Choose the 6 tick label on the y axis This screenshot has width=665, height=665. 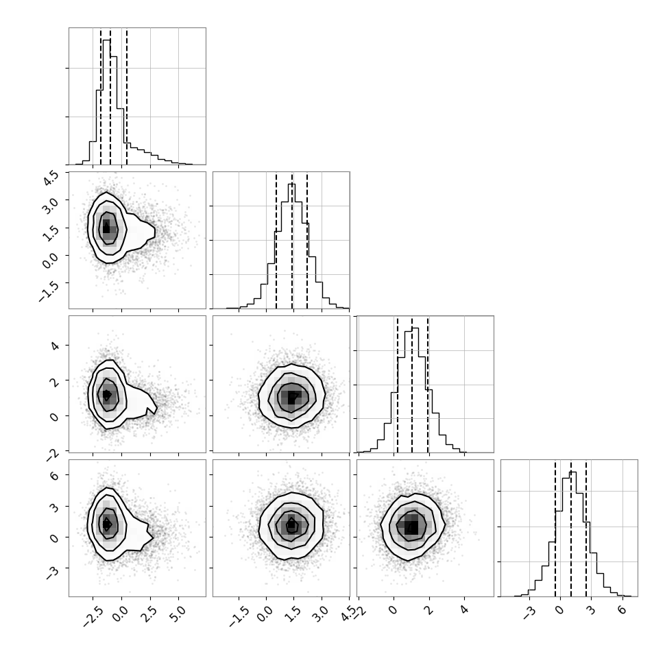54,475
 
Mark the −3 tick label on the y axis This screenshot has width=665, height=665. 52,573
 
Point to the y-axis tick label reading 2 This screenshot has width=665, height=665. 54,381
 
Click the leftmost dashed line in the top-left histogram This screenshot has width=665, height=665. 101,96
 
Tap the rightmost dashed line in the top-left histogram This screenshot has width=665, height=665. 127,96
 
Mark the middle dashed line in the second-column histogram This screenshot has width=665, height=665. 292,241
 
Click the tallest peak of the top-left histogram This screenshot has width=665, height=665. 107,40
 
